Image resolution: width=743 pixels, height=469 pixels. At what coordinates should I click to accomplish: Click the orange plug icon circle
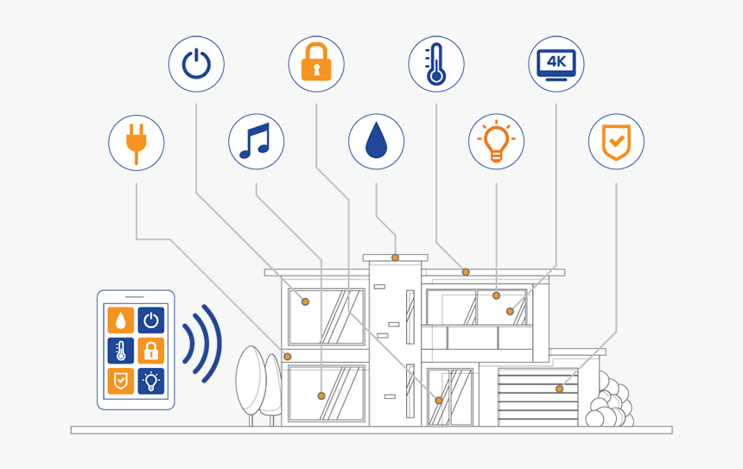pyautogui.click(x=136, y=141)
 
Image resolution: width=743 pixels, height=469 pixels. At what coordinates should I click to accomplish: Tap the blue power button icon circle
pyautogui.click(x=196, y=63)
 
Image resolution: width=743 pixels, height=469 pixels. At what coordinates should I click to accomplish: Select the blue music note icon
pyautogui.click(x=256, y=141)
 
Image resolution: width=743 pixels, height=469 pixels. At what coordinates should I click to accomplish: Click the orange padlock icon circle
pyautogui.click(x=316, y=63)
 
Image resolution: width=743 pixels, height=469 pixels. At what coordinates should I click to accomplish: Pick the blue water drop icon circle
pyautogui.click(x=376, y=141)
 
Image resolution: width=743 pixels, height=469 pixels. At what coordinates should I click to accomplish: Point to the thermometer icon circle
pyautogui.click(x=436, y=63)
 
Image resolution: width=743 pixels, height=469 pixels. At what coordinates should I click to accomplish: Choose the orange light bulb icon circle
pyautogui.click(x=496, y=141)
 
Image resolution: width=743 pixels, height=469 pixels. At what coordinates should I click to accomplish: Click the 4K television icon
pyautogui.click(x=556, y=63)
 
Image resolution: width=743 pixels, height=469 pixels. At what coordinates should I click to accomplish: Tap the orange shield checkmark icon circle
pyautogui.click(x=616, y=141)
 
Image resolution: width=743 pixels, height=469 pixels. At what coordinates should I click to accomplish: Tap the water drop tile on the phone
pyautogui.click(x=121, y=320)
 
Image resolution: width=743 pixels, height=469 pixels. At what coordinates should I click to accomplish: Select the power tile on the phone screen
pyautogui.click(x=151, y=320)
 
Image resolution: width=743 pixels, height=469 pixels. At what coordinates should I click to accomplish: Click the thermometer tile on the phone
pyautogui.click(x=121, y=351)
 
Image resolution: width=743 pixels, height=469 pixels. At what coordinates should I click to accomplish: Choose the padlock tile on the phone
pyautogui.click(x=151, y=351)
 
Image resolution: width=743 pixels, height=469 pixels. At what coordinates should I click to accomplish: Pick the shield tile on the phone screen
pyautogui.click(x=121, y=380)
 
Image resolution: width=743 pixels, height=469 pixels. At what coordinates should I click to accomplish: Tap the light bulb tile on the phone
pyautogui.click(x=151, y=380)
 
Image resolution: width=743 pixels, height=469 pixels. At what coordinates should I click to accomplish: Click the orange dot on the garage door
pyautogui.click(x=559, y=389)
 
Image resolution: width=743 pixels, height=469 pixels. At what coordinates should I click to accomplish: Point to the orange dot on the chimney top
pyautogui.click(x=396, y=257)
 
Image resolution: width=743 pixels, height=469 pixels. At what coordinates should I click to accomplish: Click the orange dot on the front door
pyautogui.click(x=439, y=401)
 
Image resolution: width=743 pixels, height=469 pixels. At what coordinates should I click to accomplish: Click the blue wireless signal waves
pyautogui.click(x=202, y=343)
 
